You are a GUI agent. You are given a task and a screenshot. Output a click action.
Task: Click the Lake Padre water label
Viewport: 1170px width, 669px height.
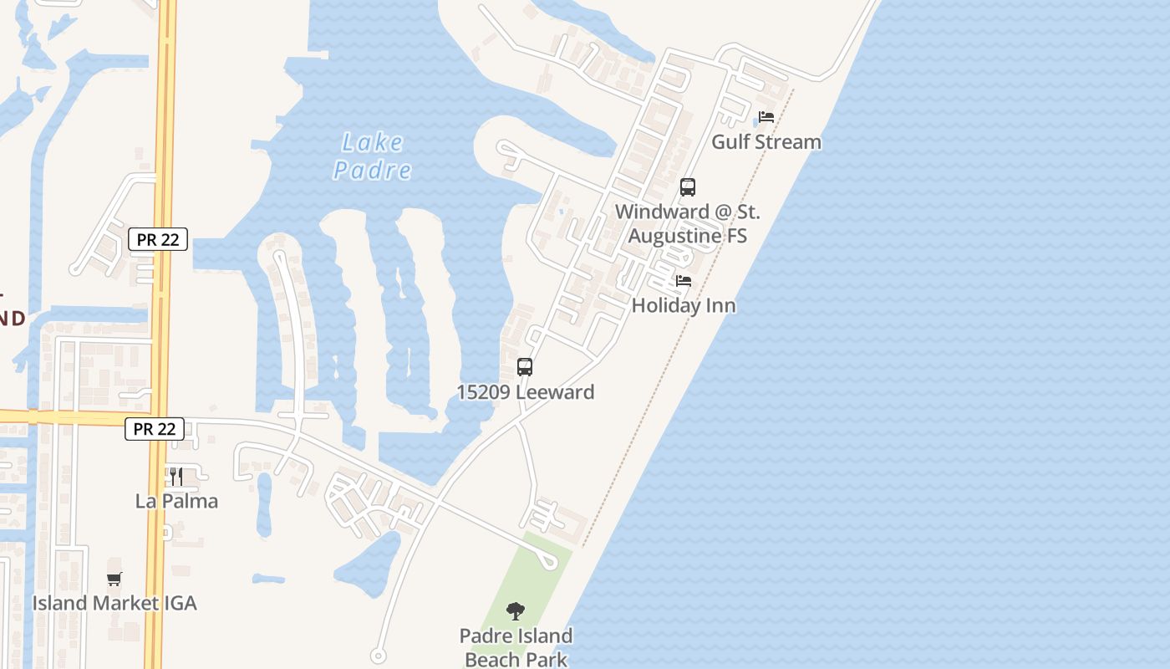373,156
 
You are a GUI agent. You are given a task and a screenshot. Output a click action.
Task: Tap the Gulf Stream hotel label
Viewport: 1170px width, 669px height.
766,142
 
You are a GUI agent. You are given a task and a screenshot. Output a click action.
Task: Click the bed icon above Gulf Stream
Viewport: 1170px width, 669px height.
766,117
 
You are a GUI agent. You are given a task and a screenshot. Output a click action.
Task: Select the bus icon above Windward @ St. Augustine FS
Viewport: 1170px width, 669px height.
688,187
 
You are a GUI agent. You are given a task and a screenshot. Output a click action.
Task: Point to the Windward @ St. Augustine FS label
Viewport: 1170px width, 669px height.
688,223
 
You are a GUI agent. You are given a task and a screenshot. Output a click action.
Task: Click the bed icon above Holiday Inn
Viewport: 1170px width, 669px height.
684,281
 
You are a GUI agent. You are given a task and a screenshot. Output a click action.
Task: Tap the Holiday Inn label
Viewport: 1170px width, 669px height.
684,306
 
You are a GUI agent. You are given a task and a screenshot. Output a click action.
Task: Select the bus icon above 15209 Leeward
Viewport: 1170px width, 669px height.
525,366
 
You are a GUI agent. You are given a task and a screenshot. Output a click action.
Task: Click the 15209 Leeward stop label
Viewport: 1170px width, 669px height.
525,392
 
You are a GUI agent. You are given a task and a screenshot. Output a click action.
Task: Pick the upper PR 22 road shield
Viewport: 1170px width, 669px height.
158,239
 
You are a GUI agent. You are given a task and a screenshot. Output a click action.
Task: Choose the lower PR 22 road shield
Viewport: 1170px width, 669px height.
155,429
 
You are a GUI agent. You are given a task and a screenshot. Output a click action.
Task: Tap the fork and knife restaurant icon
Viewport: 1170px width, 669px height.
176,477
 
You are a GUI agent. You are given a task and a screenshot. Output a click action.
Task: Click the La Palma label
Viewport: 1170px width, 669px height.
176,501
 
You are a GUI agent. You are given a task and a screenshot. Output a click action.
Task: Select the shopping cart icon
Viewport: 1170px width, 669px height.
114,579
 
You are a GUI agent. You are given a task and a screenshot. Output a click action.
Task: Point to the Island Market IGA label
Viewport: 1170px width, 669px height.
114,603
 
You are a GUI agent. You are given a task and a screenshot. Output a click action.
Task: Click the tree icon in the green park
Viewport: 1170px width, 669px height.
516,611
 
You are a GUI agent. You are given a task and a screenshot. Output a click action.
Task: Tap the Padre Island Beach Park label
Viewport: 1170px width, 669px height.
516,647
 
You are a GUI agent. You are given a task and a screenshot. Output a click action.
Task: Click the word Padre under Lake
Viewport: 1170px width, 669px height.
373,170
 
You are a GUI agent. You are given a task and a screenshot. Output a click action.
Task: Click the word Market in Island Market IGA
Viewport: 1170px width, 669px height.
120,603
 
